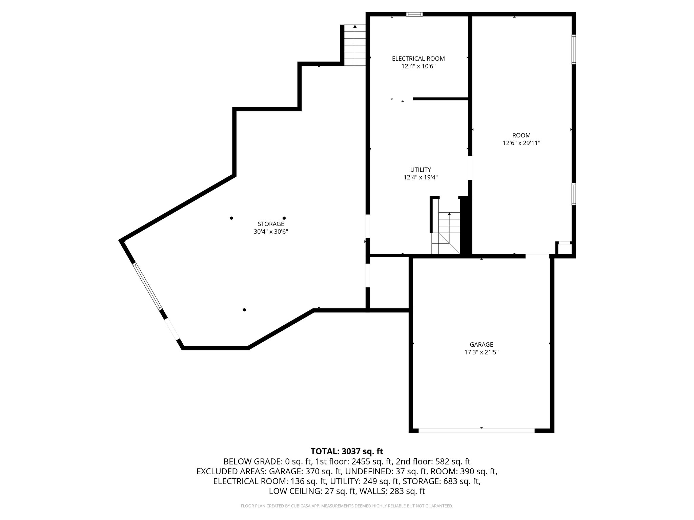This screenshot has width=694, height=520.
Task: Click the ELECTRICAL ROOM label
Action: (418, 59)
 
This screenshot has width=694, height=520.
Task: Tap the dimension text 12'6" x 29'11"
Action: (521, 143)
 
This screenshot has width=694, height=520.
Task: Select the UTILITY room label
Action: (421, 170)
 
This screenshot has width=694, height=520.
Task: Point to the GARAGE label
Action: (481, 345)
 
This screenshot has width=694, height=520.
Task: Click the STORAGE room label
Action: (271, 224)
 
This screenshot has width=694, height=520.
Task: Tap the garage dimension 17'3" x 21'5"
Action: (481, 352)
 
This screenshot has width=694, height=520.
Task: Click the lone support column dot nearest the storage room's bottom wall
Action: (244, 310)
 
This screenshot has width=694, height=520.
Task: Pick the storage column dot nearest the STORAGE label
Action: (284, 218)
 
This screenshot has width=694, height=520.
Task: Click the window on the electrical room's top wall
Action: (414, 14)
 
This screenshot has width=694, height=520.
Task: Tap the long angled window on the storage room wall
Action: (147, 286)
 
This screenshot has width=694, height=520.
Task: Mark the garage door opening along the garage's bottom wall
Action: (476, 430)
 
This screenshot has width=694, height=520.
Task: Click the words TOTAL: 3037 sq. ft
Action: (347, 451)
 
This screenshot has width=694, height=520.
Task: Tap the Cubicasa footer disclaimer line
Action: (347, 506)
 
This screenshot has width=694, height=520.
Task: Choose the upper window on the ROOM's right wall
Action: (574, 49)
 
